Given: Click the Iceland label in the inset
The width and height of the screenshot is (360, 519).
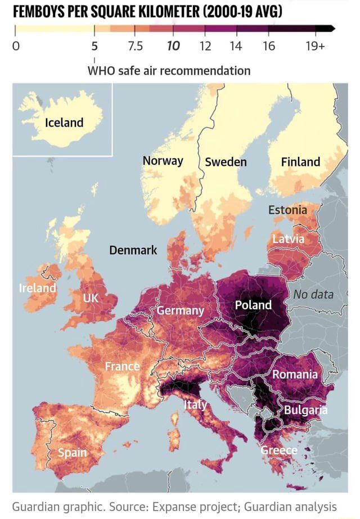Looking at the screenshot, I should pos(64,123).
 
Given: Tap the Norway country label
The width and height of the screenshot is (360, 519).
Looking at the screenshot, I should pos(163,161).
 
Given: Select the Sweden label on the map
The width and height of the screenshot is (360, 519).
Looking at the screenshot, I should pos(226,162).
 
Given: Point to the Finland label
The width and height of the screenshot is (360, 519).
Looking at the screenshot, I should pos(300,162).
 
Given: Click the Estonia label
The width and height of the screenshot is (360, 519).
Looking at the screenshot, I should pos(287,210).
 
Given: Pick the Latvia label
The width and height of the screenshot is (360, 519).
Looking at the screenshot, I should pos(288,239).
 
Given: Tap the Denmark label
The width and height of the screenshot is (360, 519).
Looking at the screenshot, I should pos(133,250).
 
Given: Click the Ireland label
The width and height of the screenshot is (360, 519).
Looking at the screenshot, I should pos(38,288).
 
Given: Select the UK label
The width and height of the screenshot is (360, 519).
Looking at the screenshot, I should pos(92,299).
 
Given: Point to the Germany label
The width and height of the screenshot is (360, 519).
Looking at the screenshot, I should pos(180,310).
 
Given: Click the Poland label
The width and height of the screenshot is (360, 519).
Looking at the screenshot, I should pos(253,305).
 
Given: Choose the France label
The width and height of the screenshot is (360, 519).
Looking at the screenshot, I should pos(122,367).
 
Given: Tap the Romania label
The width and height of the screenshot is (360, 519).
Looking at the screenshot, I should pos(295,374).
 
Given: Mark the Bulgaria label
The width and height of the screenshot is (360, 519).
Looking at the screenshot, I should pos(305,409).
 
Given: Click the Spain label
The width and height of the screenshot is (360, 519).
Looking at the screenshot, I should pos(72,453).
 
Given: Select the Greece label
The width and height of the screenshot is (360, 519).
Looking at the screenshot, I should pos(279,450).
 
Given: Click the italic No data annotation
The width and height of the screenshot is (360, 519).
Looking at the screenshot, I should pos(313,294).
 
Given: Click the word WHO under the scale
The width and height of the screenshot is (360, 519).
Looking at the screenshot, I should pos(101,71).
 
